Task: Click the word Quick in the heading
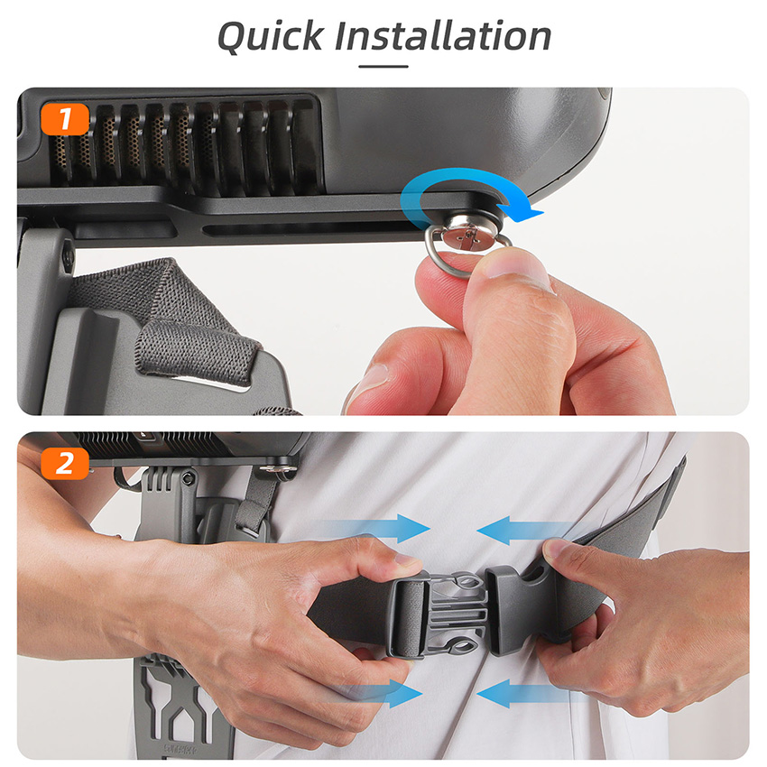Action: coord(271,37)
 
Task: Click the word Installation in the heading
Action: coord(443,35)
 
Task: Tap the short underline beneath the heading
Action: coord(383,67)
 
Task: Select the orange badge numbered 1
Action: coord(65,118)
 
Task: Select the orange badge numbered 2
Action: coord(65,463)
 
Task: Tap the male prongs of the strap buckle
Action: coord(457,615)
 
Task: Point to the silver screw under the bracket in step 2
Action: coord(278,469)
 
